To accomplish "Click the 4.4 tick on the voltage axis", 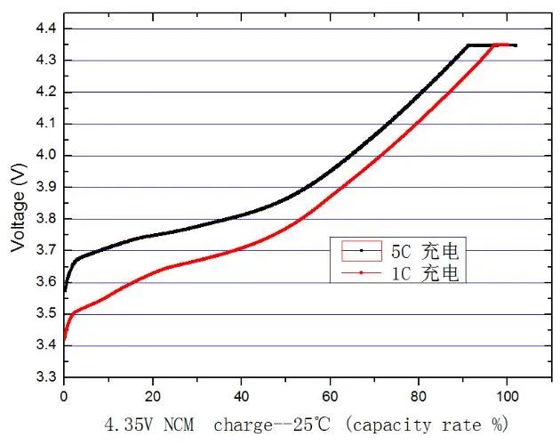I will click(x=44, y=29).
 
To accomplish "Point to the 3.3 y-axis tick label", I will click(x=44, y=377).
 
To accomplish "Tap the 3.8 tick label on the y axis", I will click(x=44, y=219).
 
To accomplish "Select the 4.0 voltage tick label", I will click(x=44, y=156).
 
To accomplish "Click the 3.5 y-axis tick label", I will click(x=44, y=314).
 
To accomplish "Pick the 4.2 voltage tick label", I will click(x=44, y=93).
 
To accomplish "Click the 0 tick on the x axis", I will click(x=64, y=393).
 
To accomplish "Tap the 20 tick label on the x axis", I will click(x=153, y=393).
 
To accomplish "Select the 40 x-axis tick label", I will click(x=241, y=393).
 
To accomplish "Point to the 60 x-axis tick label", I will click(x=330, y=393).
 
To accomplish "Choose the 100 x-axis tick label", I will click(x=507, y=393).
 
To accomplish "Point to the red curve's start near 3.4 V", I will click(x=65, y=339).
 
